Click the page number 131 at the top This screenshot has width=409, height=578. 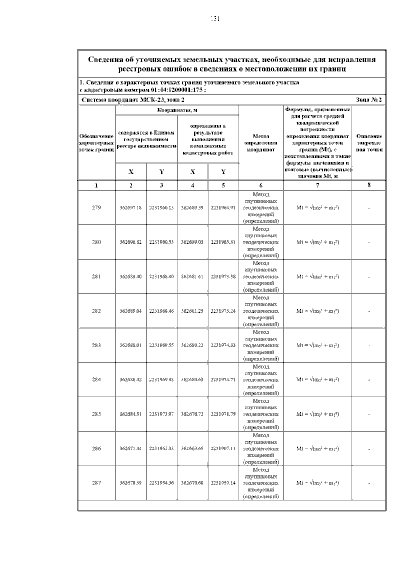(x=215, y=19)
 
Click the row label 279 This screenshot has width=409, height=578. (x=96, y=208)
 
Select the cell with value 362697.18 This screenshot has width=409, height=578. (x=131, y=208)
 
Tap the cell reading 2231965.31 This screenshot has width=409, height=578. (x=223, y=242)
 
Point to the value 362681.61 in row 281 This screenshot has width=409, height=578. (x=192, y=277)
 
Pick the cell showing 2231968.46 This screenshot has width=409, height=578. (x=162, y=311)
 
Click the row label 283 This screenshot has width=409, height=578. (x=96, y=345)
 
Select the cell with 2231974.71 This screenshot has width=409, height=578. (x=223, y=380)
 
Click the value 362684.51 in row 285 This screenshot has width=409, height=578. (x=131, y=415)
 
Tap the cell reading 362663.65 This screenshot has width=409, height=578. (x=192, y=449)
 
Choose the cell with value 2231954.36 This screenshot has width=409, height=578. (x=162, y=483)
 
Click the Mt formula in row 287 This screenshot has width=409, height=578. (x=317, y=483)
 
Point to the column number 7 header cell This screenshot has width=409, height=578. (x=317, y=185)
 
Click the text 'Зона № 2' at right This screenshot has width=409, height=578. (x=368, y=100)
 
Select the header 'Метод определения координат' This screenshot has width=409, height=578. (x=261, y=143)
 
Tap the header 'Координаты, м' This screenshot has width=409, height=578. (x=177, y=110)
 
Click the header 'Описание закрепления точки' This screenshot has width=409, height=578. (x=369, y=143)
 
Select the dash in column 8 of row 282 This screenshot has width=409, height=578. (x=369, y=311)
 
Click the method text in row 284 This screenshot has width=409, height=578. (x=261, y=380)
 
